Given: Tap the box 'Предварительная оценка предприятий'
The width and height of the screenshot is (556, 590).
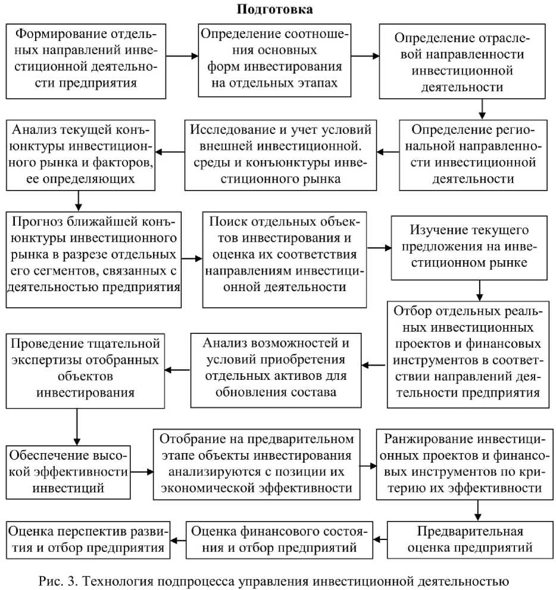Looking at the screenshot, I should pos(470,539).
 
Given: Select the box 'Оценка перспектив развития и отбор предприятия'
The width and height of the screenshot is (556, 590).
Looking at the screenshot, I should pos(88,539).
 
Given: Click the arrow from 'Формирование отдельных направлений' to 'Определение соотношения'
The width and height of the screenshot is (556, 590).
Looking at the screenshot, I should pos(183,57).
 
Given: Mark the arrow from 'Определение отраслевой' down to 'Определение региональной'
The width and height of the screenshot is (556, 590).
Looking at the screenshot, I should pos(483,108).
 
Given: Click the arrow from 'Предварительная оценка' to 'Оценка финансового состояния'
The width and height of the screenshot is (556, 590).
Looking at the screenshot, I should pos(380,539).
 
